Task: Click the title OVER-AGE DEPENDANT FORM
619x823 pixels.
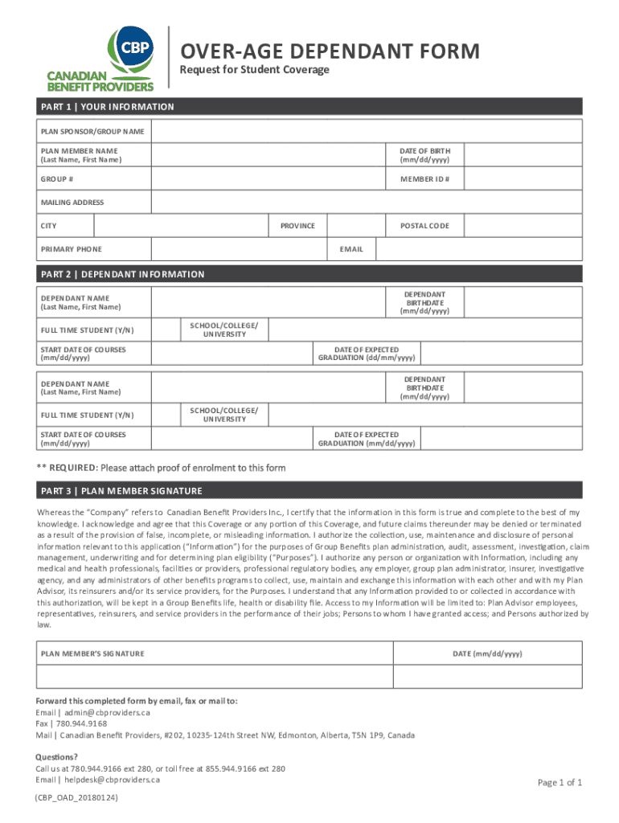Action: coord(330,52)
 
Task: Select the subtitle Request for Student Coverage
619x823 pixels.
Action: coord(254,70)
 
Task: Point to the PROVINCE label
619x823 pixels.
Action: coord(297,226)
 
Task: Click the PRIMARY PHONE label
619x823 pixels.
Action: coord(72,249)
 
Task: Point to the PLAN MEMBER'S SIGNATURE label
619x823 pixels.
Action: coord(92,653)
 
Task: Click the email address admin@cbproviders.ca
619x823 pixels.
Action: coord(105,713)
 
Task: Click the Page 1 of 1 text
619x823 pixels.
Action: coord(560,783)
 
